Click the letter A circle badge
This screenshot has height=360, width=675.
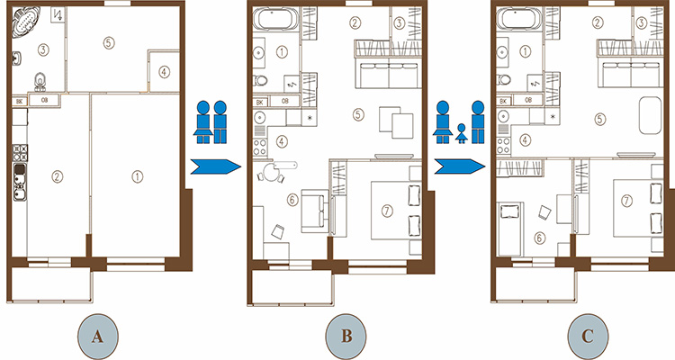(98, 337)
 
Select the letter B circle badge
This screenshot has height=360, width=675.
(346, 337)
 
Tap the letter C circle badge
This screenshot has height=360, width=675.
(588, 337)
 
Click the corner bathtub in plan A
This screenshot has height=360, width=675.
(25, 21)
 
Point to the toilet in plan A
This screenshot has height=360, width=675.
(40, 81)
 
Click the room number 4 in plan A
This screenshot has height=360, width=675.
(164, 72)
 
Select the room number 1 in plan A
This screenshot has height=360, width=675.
(137, 176)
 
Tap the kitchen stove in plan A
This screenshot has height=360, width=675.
(20, 153)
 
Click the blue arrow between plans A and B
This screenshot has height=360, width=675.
(215, 166)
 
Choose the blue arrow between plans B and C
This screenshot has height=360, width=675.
(459, 166)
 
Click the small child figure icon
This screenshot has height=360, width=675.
(462, 133)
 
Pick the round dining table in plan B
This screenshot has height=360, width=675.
(272, 173)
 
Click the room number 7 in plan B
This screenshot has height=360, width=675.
(387, 211)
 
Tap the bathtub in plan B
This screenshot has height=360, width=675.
(275, 20)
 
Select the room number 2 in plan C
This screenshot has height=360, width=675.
(597, 22)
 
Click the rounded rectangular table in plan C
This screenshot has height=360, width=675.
(650, 115)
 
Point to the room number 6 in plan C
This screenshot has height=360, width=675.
(540, 238)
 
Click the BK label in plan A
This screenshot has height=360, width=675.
(20, 102)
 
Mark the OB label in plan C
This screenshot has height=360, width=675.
(528, 100)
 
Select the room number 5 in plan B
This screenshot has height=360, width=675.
(358, 114)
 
